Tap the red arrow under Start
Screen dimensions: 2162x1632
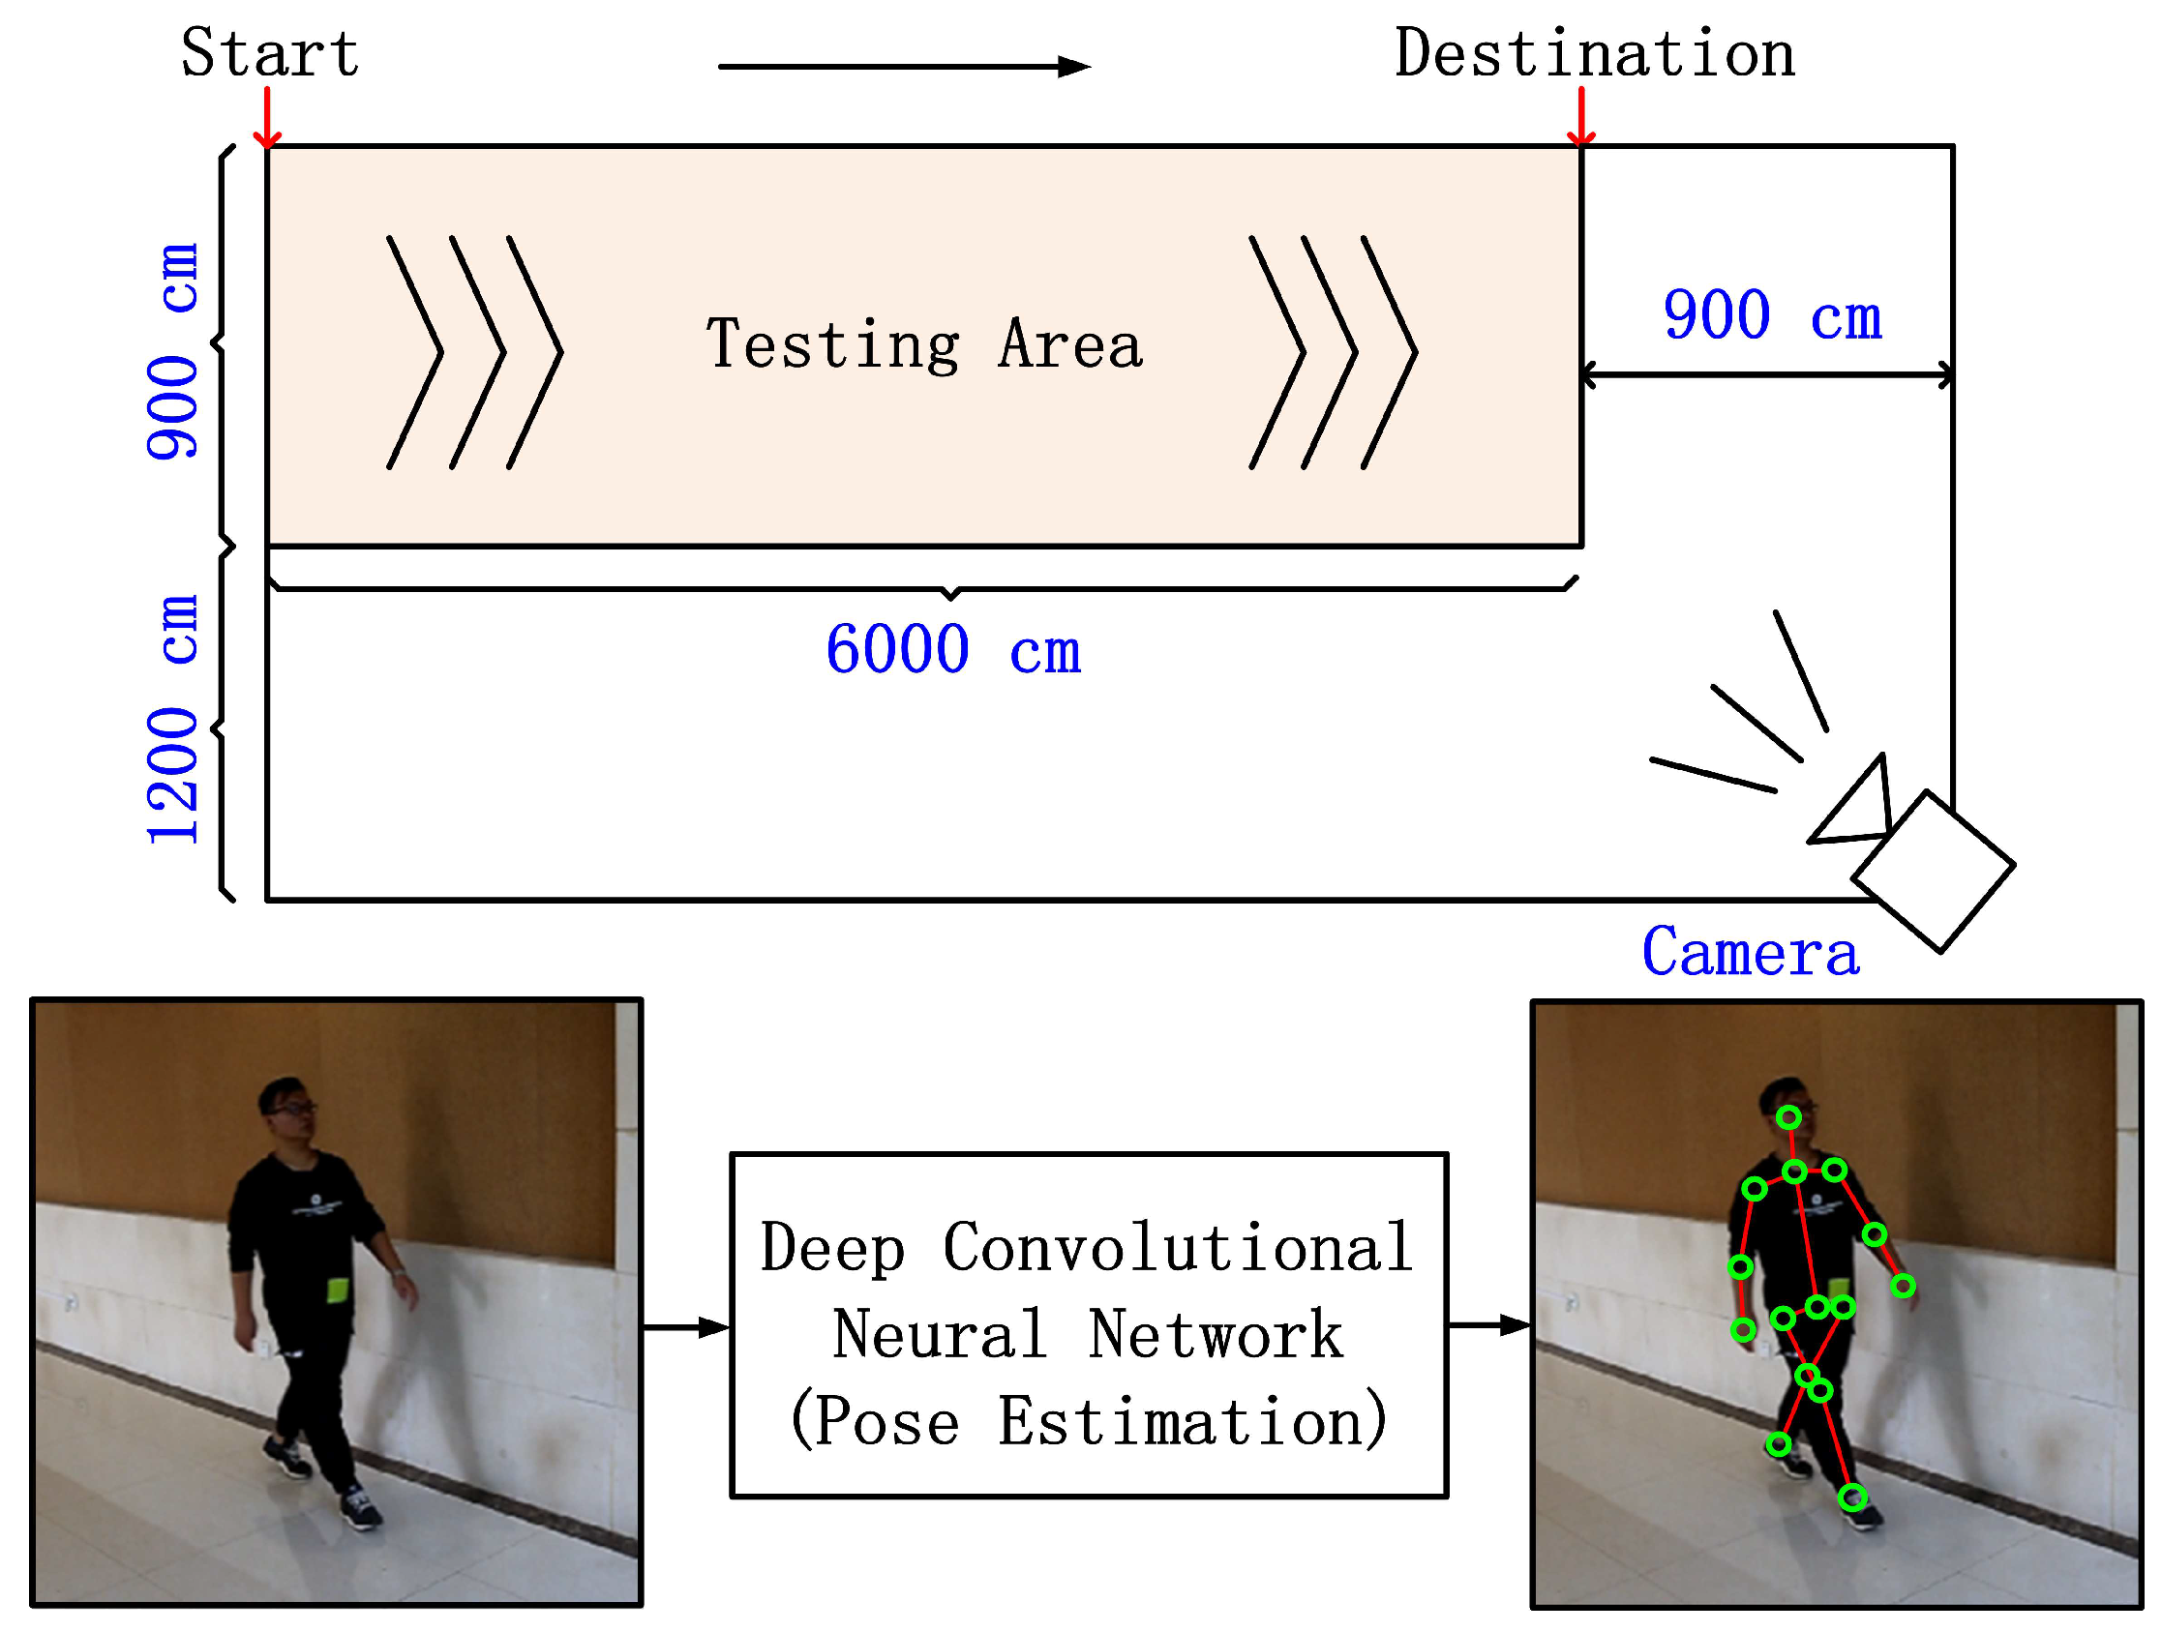point(267,118)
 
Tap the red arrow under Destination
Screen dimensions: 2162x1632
point(1580,117)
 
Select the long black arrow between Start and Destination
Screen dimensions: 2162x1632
point(903,67)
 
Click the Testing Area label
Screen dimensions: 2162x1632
point(923,345)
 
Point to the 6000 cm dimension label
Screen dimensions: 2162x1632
point(953,650)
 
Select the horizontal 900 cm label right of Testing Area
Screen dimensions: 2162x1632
point(1772,316)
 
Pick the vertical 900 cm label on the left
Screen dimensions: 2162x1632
point(174,352)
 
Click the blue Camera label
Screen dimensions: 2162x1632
point(1750,953)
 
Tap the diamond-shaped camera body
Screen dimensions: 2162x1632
point(1933,871)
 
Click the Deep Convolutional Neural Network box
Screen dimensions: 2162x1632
point(1088,1325)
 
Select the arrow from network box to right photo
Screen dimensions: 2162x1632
point(1488,1325)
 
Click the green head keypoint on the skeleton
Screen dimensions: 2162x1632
point(1787,1117)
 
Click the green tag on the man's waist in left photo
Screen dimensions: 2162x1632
point(337,1290)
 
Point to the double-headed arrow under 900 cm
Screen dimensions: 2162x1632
point(1766,375)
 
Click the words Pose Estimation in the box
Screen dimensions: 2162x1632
point(1088,1422)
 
